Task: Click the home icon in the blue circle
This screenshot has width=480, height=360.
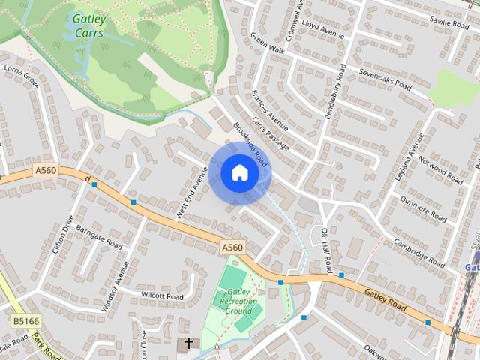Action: point(239,172)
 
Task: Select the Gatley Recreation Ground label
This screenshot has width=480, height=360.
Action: point(238,301)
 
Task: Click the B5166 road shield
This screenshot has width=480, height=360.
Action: point(25,320)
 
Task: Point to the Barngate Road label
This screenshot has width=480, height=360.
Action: point(99,239)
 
